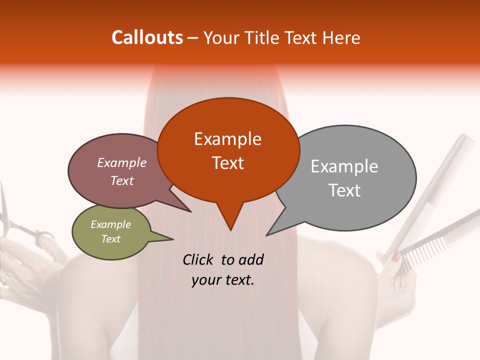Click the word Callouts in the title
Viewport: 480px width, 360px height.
tap(147, 37)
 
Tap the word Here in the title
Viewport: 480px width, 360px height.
tap(341, 37)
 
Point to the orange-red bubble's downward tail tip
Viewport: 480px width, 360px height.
tap(230, 230)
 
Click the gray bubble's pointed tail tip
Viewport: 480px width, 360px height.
tap(267, 235)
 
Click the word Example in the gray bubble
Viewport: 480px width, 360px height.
tap(344, 166)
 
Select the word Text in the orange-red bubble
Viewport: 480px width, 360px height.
tap(228, 163)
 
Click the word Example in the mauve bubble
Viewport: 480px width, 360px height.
tap(122, 162)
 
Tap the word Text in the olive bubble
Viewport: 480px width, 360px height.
tap(111, 239)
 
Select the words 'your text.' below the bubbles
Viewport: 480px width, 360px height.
tap(223, 280)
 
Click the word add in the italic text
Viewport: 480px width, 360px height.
tap(251, 259)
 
